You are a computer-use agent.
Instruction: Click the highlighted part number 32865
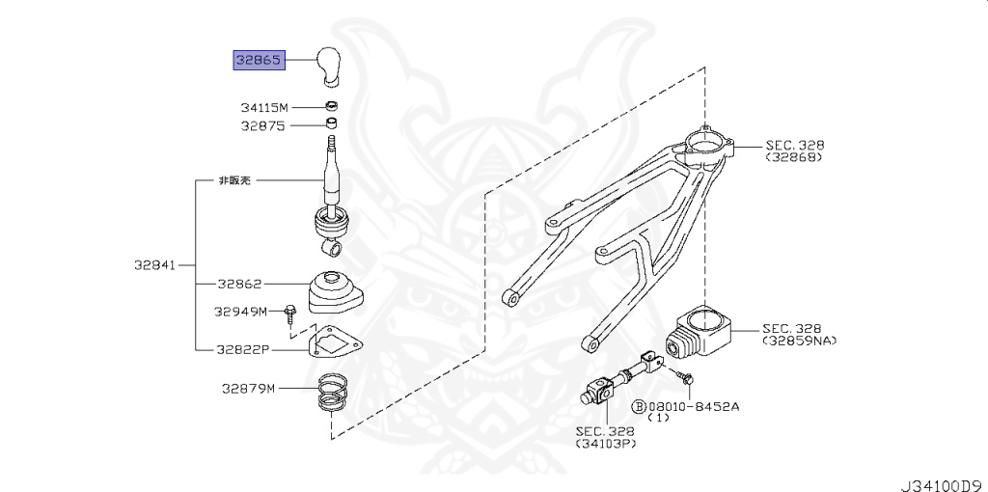pyautogui.click(x=258, y=60)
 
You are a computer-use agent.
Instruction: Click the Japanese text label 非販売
pyautogui.click(x=236, y=180)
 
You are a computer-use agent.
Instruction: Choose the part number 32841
pyautogui.click(x=153, y=264)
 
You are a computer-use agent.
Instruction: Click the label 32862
pyautogui.click(x=239, y=285)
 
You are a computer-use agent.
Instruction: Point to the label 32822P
pyautogui.click(x=243, y=348)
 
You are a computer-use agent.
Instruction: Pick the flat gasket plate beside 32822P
pyautogui.click(x=332, y=342)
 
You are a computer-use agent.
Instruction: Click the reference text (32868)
pyautogui.click(x=794, y=157)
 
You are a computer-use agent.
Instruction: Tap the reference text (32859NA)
pyautogui.click(x=800, y=341)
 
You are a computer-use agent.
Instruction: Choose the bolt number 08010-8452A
pyautogui.click(x=694, y=406)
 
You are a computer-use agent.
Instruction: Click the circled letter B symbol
pyautogui.click(x=638, y=407)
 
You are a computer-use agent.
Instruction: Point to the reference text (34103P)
pyautogui.click(x=605, y=444)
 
